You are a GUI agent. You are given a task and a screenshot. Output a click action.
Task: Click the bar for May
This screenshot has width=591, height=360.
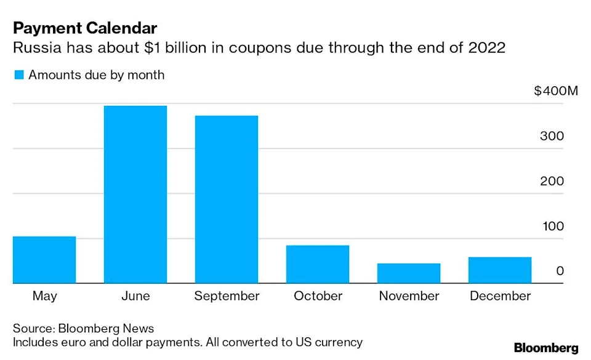click(44, 260)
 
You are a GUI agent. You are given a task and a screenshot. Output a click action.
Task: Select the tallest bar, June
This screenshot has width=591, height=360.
click(135, 194)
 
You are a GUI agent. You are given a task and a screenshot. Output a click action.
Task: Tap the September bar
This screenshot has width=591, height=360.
click(227, 199)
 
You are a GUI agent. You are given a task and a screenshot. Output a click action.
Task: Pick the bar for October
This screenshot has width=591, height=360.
click(318, 265)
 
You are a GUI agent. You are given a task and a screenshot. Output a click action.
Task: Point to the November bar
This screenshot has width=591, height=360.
click(409, 273)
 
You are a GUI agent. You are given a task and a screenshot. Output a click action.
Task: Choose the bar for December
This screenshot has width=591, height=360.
click(500, 270)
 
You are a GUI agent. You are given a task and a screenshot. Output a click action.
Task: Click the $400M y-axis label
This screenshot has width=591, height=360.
click(556, 91)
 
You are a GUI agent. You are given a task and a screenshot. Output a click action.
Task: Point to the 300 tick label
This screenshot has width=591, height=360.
click(552, 136)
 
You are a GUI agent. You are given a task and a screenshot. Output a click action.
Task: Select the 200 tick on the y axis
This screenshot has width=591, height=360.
click(552, 181)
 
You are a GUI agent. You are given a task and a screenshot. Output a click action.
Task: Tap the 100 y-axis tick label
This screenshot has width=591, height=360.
click(552, 226)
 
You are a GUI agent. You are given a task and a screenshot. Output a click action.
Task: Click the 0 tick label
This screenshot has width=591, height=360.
click(559, 271)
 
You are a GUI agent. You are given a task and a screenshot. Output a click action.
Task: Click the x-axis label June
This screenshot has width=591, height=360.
click(135, 296)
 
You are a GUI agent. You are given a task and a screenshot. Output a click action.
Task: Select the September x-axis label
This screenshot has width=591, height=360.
click(227, 296)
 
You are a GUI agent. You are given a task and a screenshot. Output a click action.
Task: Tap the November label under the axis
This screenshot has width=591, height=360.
click(409, 296)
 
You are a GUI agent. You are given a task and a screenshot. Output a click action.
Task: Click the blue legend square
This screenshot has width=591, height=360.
click(18, 75)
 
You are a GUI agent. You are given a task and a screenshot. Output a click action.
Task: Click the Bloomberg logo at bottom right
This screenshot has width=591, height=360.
click(546, 348)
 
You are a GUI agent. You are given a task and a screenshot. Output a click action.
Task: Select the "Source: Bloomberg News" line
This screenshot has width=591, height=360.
click(83, 328)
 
